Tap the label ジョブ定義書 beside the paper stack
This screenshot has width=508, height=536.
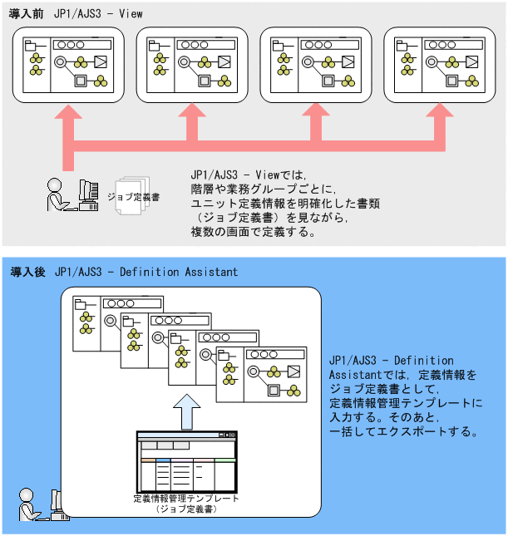click(x=134, y=197)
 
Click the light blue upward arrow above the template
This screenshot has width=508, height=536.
click(x=190, y=411)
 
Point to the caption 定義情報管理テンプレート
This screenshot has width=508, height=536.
click(x=186, y=499)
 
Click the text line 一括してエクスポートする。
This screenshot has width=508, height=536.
click(x=403, y=432)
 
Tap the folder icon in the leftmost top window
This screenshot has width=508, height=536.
click(x=33, y=47)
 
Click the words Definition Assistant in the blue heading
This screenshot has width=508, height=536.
click(x=179, y=272)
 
